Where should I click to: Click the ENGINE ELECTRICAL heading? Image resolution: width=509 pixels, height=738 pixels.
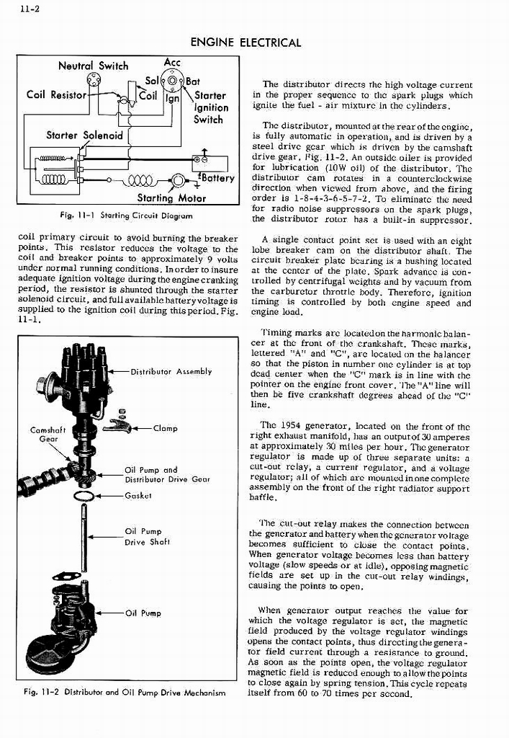click(x=246, y=43)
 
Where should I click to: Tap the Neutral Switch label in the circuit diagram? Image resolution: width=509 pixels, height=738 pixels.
click(x=93, y=66)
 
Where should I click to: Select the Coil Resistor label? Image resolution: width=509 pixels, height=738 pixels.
click(x=56, y=94)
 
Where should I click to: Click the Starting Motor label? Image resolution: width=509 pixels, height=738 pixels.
click(x=171, y=198)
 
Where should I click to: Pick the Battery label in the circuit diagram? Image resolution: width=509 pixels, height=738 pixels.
click(x=217, y=178)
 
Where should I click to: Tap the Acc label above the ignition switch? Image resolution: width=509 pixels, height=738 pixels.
click(x=172, y=62)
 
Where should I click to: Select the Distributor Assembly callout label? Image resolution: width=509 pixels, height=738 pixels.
click(x=171, y=372)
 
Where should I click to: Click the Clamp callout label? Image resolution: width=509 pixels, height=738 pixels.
click(x=165, y=428)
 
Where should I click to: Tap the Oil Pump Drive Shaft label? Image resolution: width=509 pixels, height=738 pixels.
click(x=144, y=537)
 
